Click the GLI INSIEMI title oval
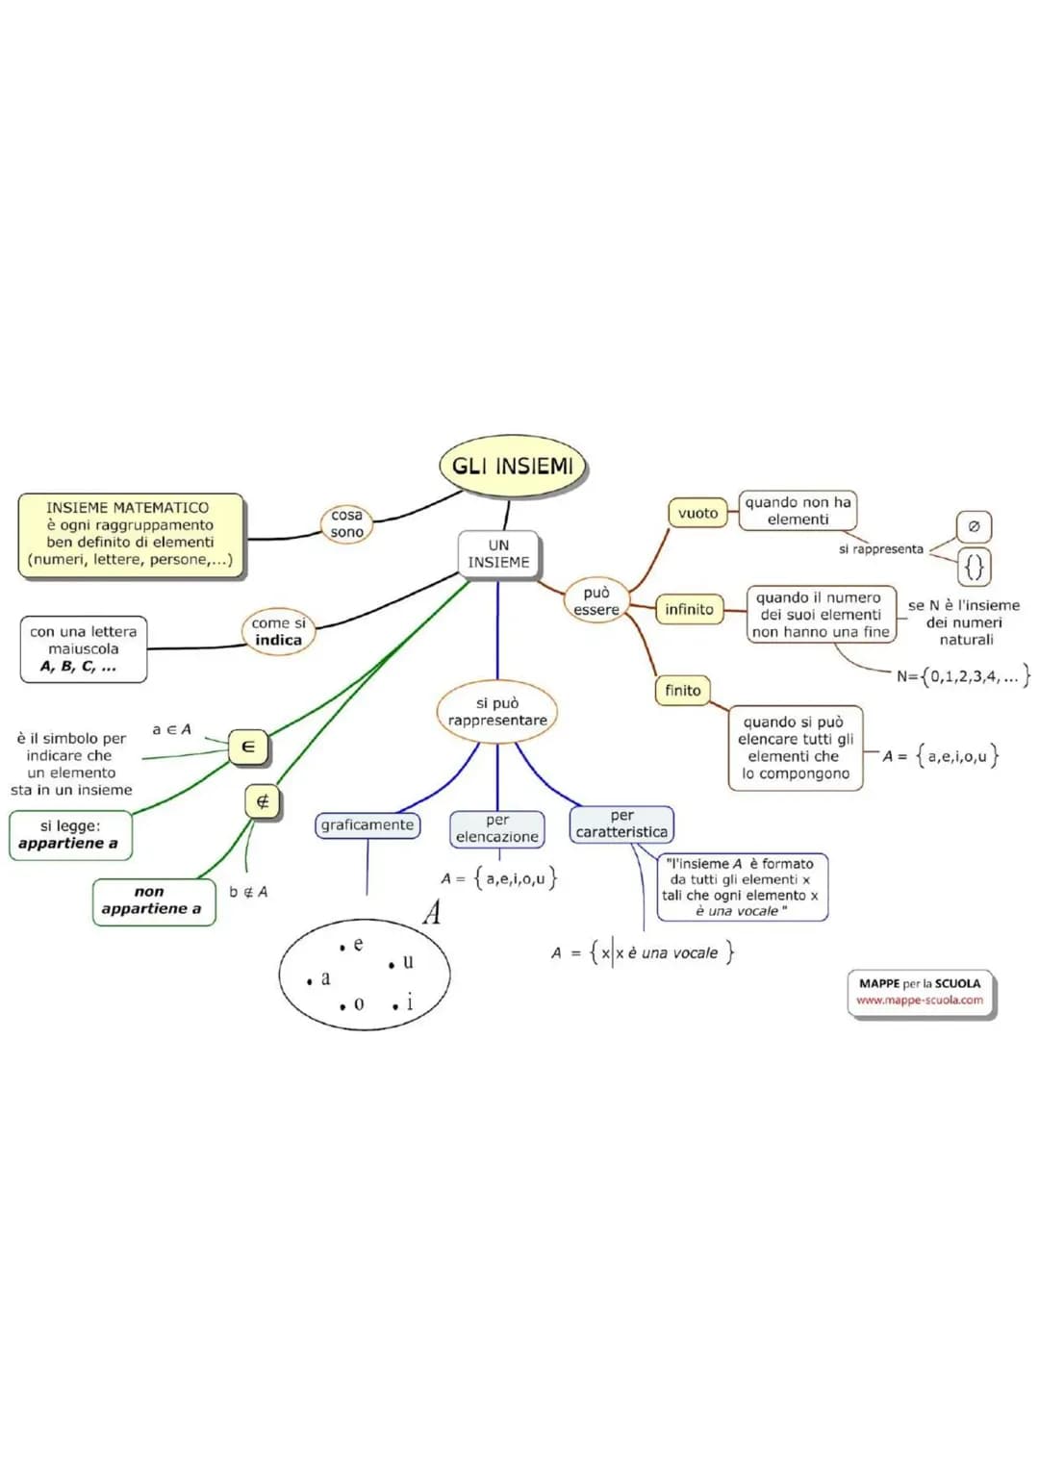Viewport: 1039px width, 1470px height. click(x=512, y=467)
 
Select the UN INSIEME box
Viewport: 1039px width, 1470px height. click(x=498, y=554)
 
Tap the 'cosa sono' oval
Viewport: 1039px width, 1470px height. click(x=346, y=523)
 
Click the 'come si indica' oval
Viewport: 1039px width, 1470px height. click(x=278, y=632)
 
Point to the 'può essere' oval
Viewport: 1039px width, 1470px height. click(x=596, y=601)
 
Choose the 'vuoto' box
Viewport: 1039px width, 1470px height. click(x=697, y=514)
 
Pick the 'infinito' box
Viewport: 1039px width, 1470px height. click(x=689, y=610)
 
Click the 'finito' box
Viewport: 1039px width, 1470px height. click(x=682, y=691)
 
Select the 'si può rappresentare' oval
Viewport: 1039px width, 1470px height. click(x=497, y=712)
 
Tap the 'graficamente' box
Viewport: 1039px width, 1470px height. click(x=367, y=825)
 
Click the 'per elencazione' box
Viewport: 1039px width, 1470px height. click(x=497, y=828)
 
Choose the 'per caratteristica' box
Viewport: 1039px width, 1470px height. click(x=621, y=824)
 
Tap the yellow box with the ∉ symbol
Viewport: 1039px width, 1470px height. click(x=263, y=801)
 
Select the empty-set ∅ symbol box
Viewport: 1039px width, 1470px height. click(x=974, y=526)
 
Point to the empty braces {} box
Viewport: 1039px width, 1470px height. click(x=974, y=567)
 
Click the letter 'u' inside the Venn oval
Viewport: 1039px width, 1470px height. click(x=408, y=961)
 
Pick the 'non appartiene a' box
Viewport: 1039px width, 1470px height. click(x=153, y=901)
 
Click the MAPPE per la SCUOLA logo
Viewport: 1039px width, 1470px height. click(x=921, y=992)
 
